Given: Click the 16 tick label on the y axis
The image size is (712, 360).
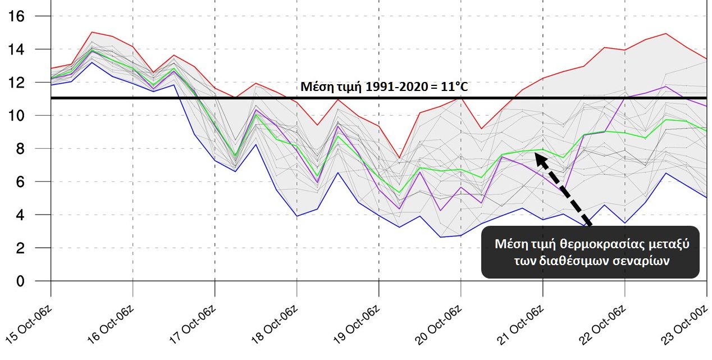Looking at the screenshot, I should click(17, 16).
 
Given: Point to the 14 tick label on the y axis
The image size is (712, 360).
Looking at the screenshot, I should click(17, 49).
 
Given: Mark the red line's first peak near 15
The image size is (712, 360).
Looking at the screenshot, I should click(92, 32).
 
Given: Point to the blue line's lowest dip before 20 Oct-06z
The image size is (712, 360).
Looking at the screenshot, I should click(440, 237).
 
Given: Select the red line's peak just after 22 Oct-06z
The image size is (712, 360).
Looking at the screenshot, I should click(665, 34).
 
